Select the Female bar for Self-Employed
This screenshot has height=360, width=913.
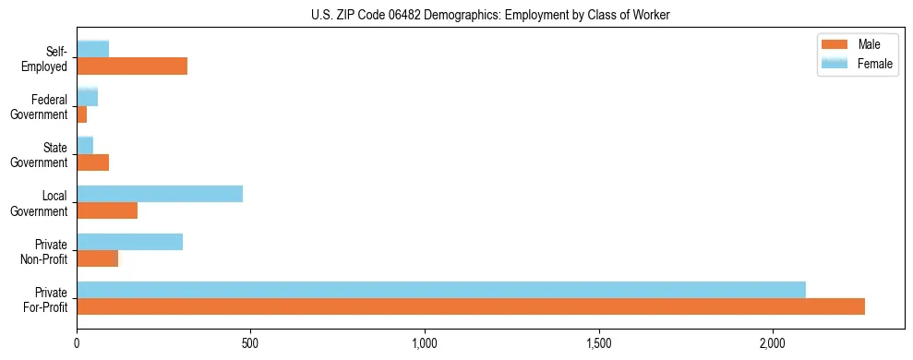[92, 49]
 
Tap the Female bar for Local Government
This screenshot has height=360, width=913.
[160, 194]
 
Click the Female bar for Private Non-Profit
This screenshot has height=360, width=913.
[129, 242]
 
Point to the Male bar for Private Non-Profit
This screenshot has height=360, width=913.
[97, 258]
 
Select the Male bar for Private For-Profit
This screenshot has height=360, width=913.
[471, 306]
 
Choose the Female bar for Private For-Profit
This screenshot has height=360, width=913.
[441, 290]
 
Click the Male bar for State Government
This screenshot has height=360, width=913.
[92, 162]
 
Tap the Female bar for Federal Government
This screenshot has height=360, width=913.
[87, 98]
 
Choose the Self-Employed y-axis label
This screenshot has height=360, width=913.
[46, 59]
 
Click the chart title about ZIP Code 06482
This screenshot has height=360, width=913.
[490, 15]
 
